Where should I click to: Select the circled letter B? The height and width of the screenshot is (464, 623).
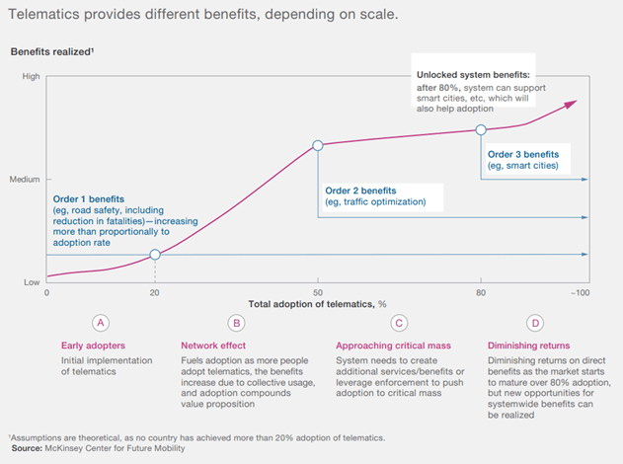235,322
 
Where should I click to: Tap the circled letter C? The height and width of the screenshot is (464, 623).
398,322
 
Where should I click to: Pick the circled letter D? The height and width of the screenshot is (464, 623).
534,322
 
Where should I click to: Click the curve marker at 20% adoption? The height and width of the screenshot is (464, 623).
155,255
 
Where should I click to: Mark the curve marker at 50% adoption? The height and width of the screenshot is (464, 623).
318,145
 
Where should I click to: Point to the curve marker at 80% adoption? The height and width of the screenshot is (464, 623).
481,129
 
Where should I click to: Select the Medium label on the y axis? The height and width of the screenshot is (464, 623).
25,179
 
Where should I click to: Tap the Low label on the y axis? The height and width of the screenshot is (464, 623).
31,283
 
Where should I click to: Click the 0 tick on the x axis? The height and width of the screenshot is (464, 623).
46,293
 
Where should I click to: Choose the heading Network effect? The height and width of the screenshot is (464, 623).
213,345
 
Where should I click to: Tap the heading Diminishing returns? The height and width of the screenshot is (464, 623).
529,345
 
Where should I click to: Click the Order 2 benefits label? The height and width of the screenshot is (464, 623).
360,190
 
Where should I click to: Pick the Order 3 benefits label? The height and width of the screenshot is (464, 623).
523,154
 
